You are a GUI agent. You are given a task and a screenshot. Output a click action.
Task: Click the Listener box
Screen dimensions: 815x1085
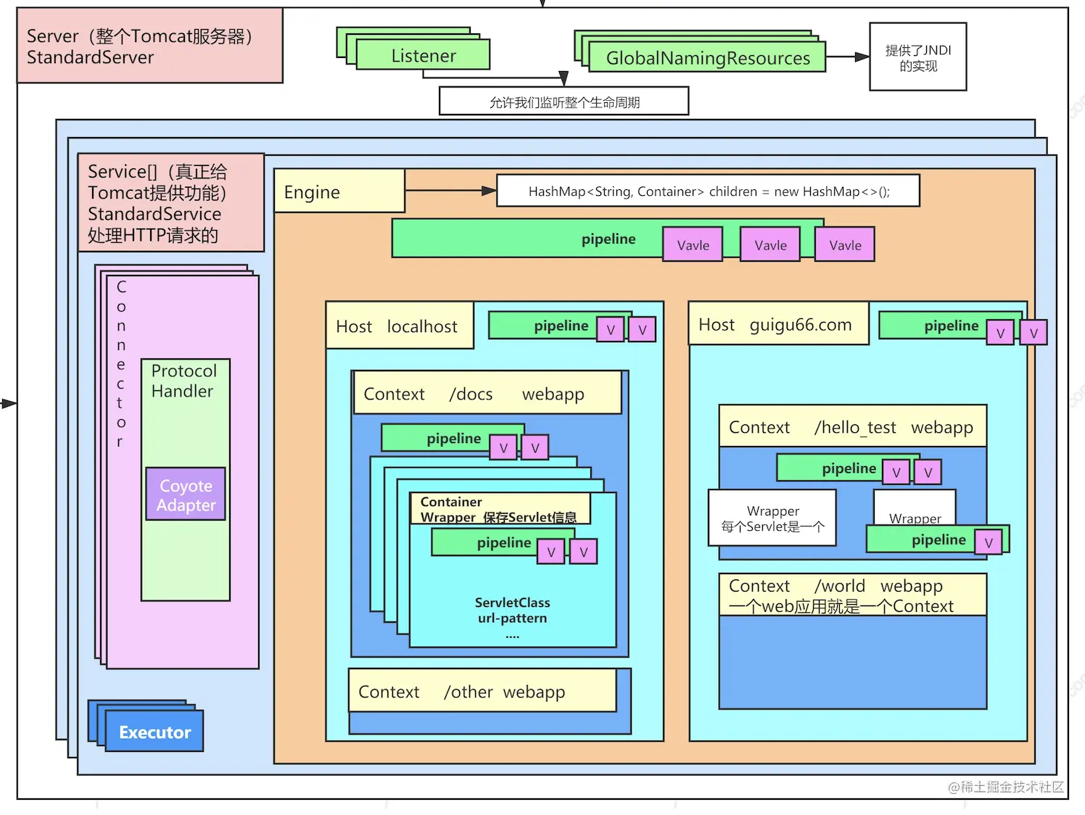(424, 55)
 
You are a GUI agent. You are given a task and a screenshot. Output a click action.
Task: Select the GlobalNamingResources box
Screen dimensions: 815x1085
(707, 58)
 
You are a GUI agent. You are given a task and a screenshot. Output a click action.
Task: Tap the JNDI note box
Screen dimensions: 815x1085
(917, 57)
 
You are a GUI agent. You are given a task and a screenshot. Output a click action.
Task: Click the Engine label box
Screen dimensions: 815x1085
(339, 191)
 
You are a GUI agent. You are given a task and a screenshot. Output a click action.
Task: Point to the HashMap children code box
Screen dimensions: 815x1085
(708, 191)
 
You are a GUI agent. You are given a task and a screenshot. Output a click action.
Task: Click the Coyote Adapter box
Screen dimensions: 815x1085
(186, 495)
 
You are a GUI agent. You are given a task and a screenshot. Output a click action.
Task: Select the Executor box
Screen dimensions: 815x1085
(154, 732)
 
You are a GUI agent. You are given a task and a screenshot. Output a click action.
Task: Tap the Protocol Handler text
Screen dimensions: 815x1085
(183, 381)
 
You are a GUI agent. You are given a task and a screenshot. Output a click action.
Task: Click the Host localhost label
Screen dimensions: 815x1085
(398, 326)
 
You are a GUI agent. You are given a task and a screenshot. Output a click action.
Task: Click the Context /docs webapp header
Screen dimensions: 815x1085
(486, 394)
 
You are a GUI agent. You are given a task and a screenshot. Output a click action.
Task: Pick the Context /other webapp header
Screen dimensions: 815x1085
(482, 692)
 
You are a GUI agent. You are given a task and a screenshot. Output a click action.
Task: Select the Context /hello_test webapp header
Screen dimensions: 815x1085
(851, 427)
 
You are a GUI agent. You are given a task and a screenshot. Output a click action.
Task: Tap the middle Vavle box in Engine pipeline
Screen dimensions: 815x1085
(770, 245)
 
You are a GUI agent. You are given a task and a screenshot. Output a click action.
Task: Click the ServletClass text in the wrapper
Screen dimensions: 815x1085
(512, 603)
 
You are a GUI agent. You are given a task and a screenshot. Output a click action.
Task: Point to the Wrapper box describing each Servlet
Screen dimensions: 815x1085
(772, 518)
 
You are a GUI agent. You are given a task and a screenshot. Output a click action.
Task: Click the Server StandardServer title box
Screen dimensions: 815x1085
(149, 46)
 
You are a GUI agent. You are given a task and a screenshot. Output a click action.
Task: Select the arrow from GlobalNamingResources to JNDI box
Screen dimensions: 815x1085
(847, 57)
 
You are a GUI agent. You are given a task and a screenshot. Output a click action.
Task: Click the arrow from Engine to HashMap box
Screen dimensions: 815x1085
(450, 191)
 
